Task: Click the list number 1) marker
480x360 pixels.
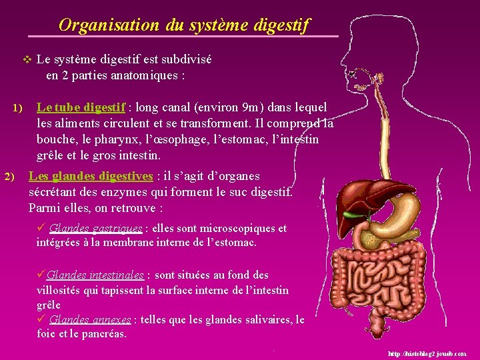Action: tap(17, 108)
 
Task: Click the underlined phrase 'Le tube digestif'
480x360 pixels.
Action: tap(81, 107)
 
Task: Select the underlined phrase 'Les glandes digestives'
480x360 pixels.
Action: tap(91, 176)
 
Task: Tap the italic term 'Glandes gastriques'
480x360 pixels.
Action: tap(95, 229)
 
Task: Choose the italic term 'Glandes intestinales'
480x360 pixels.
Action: tap(95, 275)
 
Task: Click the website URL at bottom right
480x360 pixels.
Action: tap(427, 353)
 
